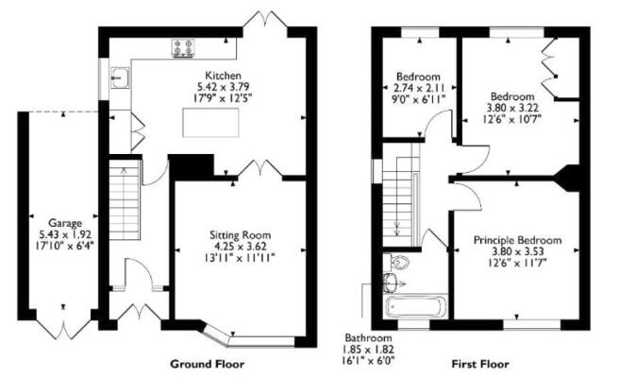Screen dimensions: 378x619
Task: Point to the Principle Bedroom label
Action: (517, 242)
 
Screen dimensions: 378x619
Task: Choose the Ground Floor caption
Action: (207, 363)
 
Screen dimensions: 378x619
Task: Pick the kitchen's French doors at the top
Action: (266, 21)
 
